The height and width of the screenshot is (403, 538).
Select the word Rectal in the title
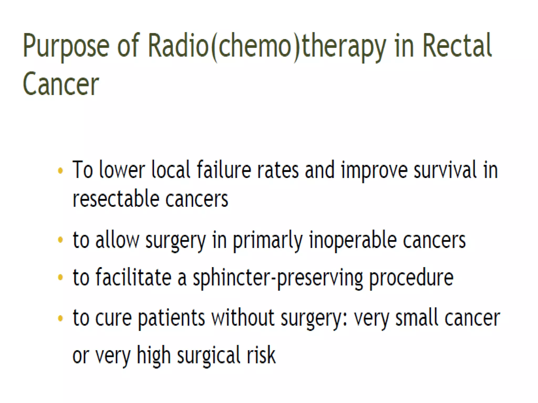point(457,46)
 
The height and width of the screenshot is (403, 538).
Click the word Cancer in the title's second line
point(61,84)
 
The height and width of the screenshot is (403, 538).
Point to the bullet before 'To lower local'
point(60,171)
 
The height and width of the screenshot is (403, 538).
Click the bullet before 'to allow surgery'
point(60,240)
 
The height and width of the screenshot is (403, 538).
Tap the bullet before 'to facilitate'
point(60,277)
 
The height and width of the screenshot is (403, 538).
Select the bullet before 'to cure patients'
point(60,318)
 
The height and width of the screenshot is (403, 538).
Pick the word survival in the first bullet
point(445,170)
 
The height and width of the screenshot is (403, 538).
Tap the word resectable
point(116,199)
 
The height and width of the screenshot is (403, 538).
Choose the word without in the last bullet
point(243,318)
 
